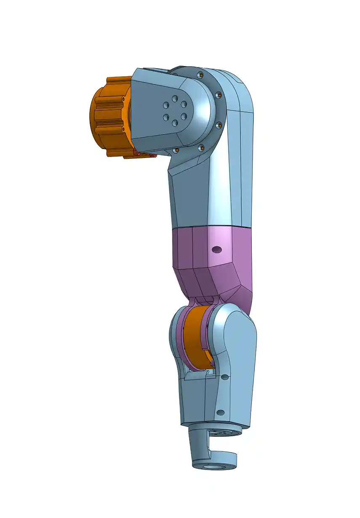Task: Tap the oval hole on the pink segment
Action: click(217, 250)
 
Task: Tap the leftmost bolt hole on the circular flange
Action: click(176, 150)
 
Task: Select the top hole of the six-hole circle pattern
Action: click(175, 97)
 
